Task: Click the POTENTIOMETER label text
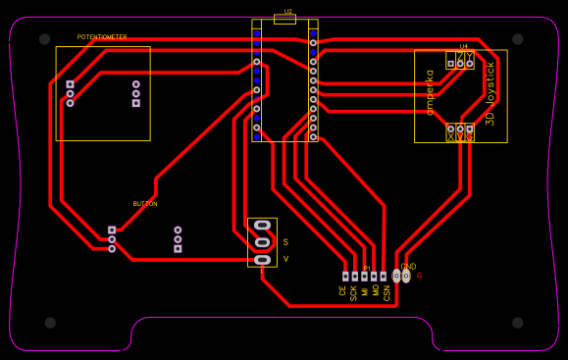[x=102, y=37]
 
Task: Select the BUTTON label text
[x=145, y=204]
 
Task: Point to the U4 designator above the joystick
[x=463, y=46]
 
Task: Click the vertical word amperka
[x=430, y=92]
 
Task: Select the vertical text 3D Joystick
[x=490, y=93]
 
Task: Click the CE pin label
[x=342, y=291]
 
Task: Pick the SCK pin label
[x=353, y=292]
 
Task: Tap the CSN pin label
[x=387, y=292]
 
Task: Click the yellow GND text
[x=408, y=267]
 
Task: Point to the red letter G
[x=419, y=277]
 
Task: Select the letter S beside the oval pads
[x=285, y=241]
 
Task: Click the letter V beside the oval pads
[x=285, y=259]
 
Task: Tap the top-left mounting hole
[x=44, y=39]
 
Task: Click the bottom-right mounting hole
[x=517, y=322]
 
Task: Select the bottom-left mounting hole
[x=50, y=322]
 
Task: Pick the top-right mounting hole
[x=517, y=39]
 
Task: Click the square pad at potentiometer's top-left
[x=70, y=84]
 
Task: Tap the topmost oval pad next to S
[x=262, y=225]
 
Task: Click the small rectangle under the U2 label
[x=284, y=20]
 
